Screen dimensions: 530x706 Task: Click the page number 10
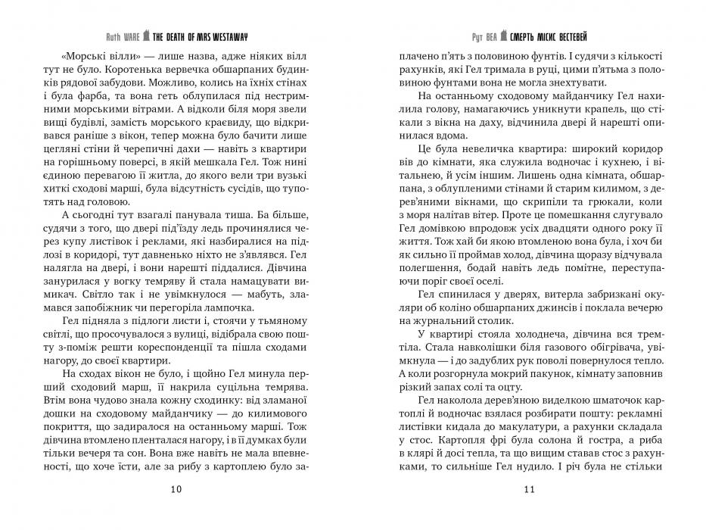tap(176, 489)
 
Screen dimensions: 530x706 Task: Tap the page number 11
tap(529, 489)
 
